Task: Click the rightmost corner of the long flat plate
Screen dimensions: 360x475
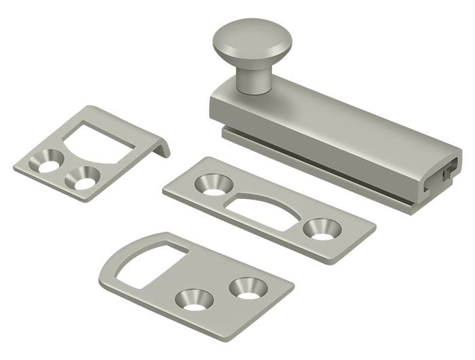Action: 375,227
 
